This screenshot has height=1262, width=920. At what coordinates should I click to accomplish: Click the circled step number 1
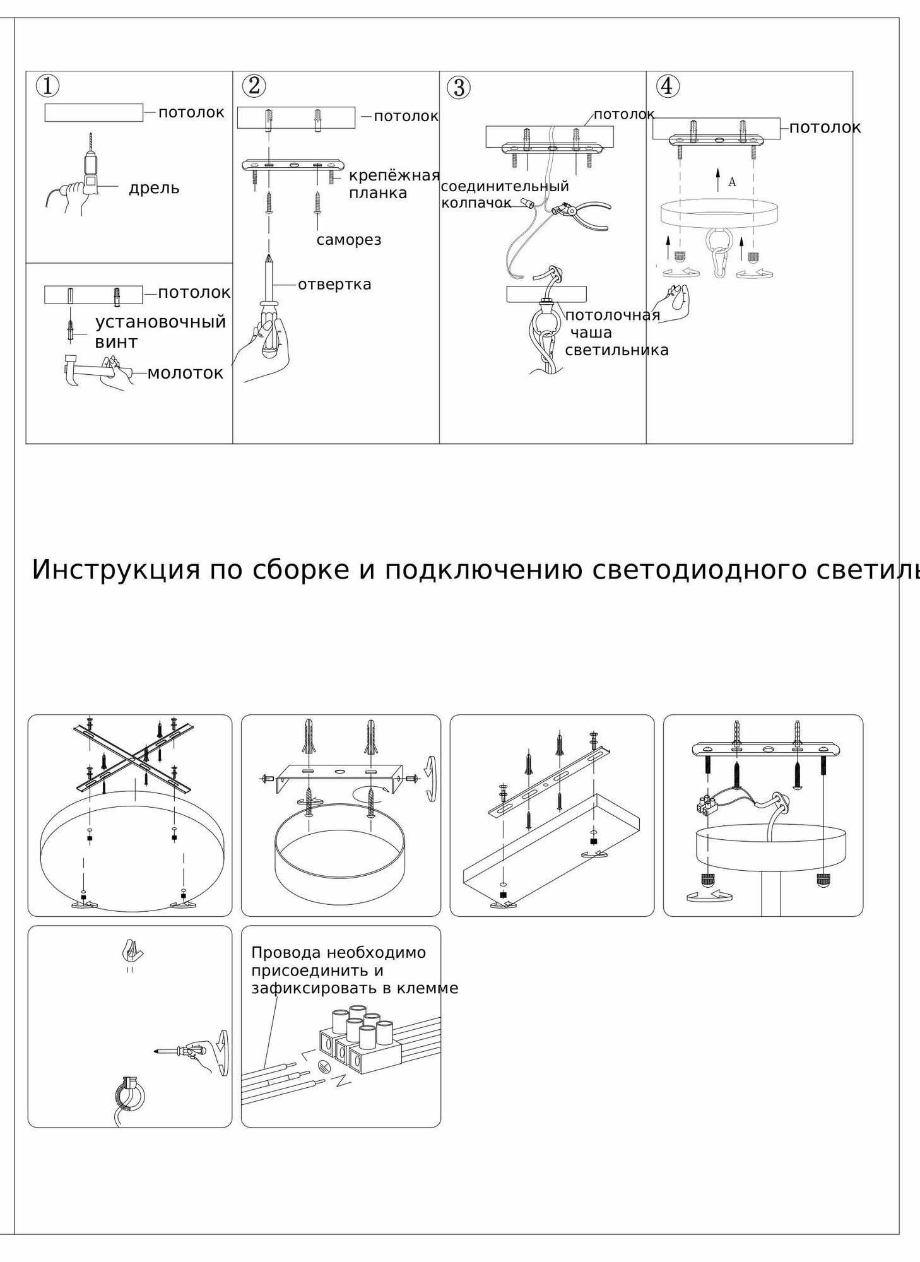48,86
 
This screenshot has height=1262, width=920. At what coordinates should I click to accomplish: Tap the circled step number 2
254,86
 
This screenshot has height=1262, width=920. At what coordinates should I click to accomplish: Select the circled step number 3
459,88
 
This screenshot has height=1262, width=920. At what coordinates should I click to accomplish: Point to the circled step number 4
668,86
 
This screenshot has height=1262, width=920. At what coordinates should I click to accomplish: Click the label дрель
154,188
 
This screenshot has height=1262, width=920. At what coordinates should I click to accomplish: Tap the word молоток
186,373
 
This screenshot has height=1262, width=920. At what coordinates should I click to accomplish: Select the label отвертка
334,285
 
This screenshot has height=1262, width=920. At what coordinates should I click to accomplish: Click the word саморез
349,240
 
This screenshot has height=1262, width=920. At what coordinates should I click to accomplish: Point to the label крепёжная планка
393,184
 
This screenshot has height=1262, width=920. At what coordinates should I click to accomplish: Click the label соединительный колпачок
504,194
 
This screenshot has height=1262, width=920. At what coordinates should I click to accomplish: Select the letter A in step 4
732,182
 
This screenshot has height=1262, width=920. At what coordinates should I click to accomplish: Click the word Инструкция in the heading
116,570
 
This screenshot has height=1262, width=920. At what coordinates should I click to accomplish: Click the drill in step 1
90,167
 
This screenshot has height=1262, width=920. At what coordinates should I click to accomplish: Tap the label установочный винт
160,332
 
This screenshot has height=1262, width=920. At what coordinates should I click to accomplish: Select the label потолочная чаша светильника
616,333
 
